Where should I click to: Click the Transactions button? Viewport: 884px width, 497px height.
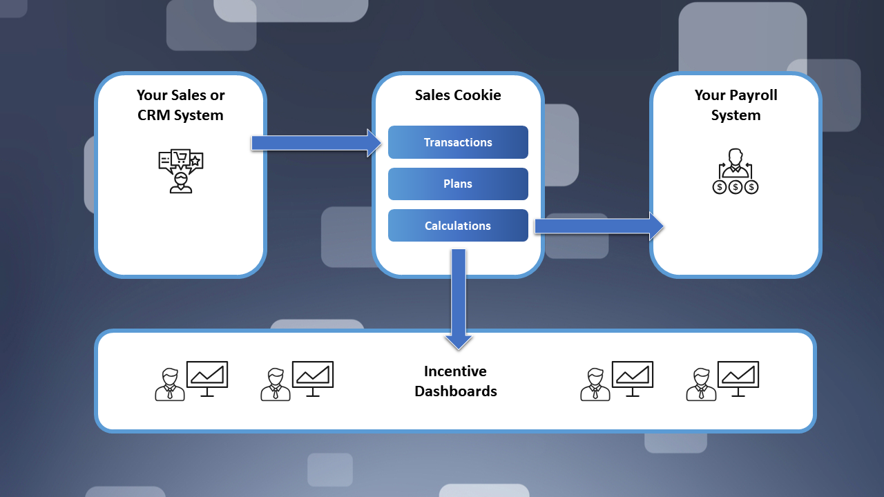(x=458, y=142)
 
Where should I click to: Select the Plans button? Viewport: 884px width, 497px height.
(x=458, y=184)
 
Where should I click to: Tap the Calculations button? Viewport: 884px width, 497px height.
(x=458, y=226)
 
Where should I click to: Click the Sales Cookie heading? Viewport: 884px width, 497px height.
(x=458, y=95)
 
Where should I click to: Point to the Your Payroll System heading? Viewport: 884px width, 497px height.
(x=736, y=105)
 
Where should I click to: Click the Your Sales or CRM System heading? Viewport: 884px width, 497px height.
(x=180, y=105)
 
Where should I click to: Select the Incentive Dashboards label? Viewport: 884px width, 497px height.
(x=456, y=381)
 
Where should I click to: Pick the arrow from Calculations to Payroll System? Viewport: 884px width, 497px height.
(x=598, y=226)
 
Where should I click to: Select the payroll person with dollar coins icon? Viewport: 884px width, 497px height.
(x=736, y=171)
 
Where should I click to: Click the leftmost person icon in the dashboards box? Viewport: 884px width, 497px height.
(x=169, y=384)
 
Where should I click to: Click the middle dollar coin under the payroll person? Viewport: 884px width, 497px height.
(x=736, y=186)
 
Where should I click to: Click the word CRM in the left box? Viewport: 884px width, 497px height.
(x=156, y=115)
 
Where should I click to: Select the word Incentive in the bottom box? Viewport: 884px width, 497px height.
(x=455, y=371)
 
